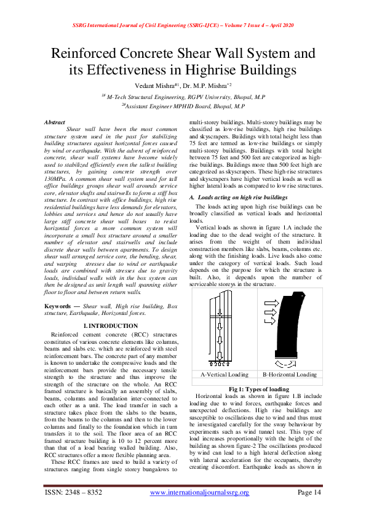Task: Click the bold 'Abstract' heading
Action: (55, 122)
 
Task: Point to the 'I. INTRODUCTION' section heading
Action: (110, 325)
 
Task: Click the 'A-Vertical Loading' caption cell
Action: (224, 374)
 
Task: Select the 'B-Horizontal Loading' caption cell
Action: (289, 374)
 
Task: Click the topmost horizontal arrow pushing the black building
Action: (273, 303)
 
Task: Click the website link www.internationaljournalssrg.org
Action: (199, 493)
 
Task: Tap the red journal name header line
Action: (183, 25)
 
